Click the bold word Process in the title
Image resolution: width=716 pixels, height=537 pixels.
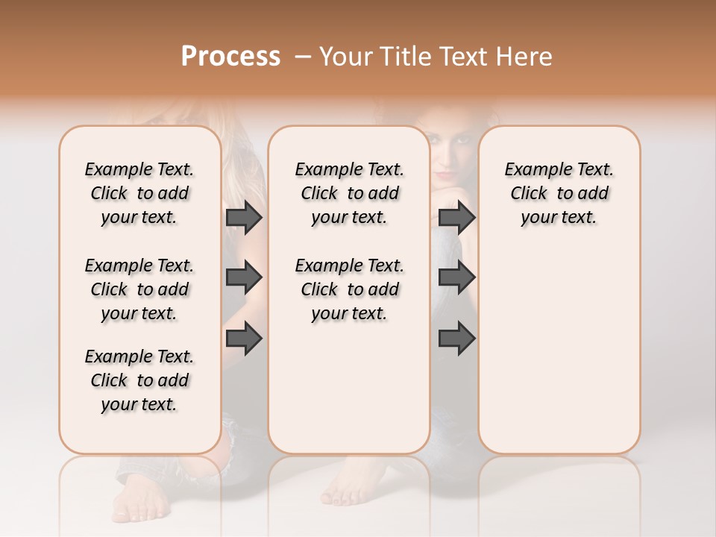point(230,57)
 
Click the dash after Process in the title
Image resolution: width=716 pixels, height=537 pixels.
point(302,57)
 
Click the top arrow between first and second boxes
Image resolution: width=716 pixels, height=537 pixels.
point(244,217)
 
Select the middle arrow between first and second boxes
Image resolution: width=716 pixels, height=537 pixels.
point(244,278)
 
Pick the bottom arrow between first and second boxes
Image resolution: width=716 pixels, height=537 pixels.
point(244,339)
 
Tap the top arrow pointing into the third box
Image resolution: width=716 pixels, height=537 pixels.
point(456,217)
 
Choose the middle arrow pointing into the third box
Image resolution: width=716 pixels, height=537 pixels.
point(456,278)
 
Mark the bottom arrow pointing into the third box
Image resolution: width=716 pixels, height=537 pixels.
point(456,339)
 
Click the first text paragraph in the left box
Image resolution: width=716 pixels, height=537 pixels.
point(139,193)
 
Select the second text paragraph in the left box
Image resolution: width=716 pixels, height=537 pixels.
point(139,289)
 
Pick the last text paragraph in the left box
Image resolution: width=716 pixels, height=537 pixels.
point(139,380)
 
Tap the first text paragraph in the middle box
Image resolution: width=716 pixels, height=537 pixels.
point(349,193)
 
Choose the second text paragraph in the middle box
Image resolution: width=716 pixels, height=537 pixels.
point(349,289)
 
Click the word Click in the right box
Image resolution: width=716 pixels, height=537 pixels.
point(529,193)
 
